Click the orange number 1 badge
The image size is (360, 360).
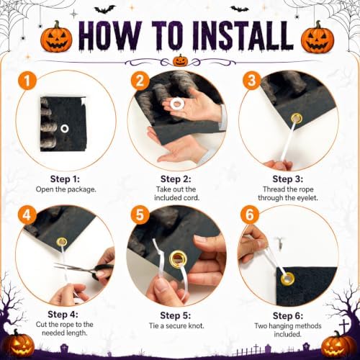27,81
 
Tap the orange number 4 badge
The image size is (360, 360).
27,215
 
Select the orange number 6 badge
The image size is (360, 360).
249,215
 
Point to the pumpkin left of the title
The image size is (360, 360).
56,37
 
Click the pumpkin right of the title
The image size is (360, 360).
318,37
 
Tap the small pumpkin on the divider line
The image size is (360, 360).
180,60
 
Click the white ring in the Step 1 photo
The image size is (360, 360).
65,129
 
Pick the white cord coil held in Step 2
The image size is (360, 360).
177,104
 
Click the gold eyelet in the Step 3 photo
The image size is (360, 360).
297,118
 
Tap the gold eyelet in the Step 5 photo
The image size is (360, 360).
178,259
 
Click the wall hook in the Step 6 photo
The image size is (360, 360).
280,243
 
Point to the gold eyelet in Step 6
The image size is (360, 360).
287,279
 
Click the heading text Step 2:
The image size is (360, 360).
176,179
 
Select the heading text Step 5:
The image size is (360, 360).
176,315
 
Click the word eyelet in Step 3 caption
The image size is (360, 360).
307,198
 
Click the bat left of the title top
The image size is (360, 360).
104,10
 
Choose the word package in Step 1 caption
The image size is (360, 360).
81,189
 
